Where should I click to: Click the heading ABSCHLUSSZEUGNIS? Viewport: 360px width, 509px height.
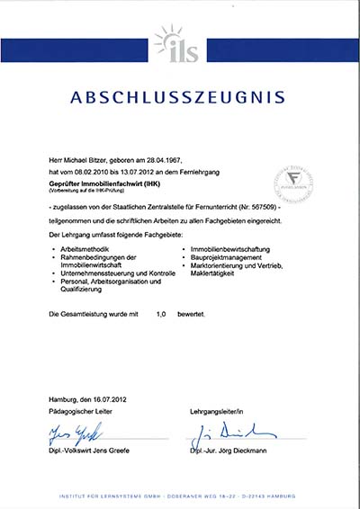tap(180, 96)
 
